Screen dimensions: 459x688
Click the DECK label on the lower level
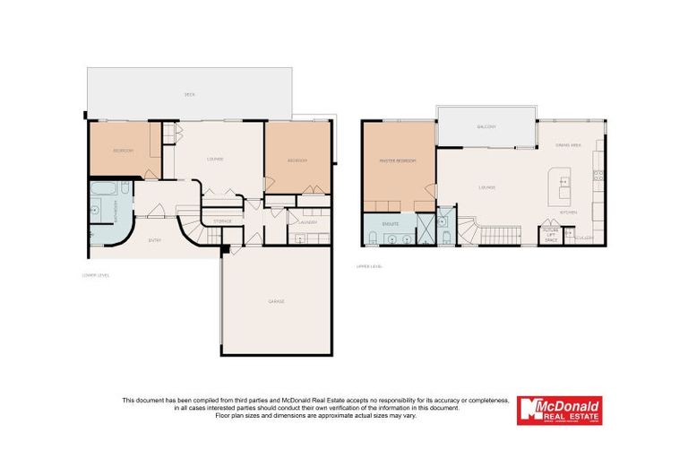pos(189,94)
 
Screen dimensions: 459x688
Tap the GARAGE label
pos(277,301)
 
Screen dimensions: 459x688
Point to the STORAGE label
pos(222,221)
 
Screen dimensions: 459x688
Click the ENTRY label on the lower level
pos(155,239)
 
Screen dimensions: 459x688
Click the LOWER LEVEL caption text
pos(95,275)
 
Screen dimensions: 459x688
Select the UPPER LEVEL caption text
pos(369,266)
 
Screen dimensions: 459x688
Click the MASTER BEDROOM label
pos(397,160)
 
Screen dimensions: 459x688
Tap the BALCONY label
pos(486,126)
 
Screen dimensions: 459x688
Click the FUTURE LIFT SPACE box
pos(551,235)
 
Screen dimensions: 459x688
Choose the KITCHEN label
pos(568,212)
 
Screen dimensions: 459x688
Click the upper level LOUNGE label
pos(487,187)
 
